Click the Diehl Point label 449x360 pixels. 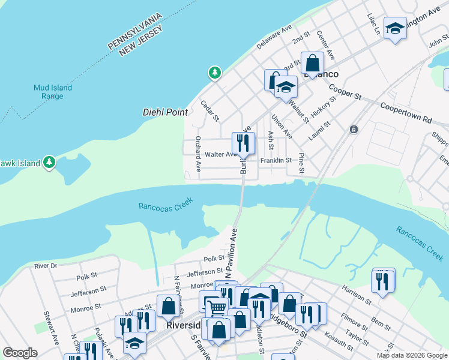click(x=165, y=112)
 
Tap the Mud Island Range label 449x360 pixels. click(x=53, y=92)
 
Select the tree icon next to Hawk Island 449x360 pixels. click(x=49, y=163)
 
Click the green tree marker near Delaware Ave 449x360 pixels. click(x=214, y=73)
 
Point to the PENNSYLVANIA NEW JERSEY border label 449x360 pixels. click(x=134, y=41)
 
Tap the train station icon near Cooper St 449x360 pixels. click(x=354, y=129)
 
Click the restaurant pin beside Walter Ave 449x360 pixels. click(x=244, y=143)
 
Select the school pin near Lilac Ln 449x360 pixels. click(x=394, y=28)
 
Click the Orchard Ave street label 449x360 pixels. click(x=197, y=152)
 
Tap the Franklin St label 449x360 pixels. click(x=276, y=161)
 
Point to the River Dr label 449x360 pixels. click(x=46, y=265)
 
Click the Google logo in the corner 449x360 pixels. click(x=20, y=353)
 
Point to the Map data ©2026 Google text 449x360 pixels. click(x=411, y=355)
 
